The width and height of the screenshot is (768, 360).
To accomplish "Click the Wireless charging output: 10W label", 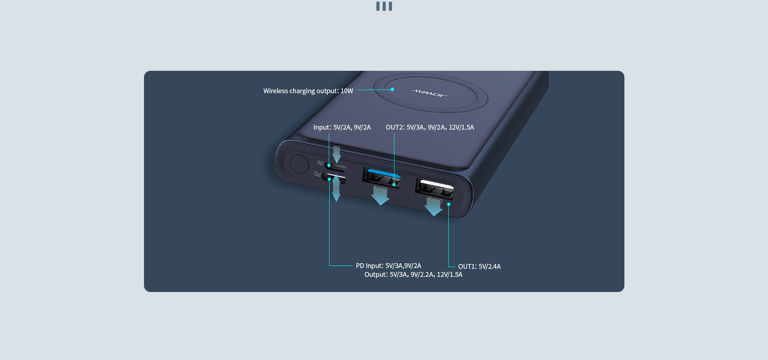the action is (x=308, y=91).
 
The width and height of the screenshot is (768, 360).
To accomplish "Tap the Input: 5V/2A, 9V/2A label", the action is (x=342, y=127).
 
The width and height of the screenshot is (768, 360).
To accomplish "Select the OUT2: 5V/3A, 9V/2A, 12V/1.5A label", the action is (x=430, y=127).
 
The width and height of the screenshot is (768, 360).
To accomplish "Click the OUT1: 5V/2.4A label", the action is (x=479, y=266).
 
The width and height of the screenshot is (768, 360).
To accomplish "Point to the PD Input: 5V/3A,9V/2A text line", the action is (x=388, y=266).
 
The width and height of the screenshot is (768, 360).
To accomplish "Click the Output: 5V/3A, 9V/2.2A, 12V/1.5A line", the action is (x=413, y=274).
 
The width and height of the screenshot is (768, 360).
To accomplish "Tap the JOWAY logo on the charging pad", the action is (x=429, y=93).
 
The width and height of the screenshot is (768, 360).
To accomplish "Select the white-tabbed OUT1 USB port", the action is (x=434, y=189).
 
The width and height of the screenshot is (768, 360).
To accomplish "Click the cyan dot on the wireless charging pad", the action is (x=392, y=89).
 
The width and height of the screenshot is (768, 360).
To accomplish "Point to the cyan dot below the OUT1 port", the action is (x=449, y=204).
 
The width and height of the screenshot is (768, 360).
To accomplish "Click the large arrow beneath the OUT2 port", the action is (x=380, y=196).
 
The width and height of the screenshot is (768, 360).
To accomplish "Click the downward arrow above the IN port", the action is (x=337, y=154).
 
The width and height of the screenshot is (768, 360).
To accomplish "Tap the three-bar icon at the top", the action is (x=384, y=6).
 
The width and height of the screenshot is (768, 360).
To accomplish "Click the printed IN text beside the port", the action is (x=320, y=163).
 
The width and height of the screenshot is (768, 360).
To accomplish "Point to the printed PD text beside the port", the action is (x=317, y=174).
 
